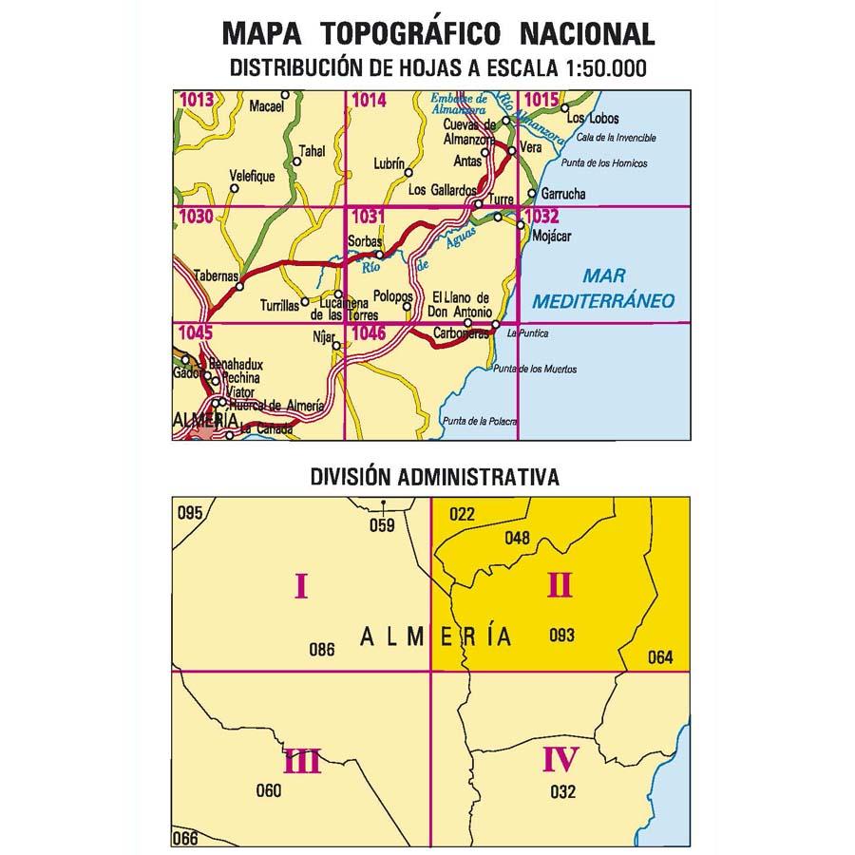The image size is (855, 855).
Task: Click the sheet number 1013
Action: tap(195, 98)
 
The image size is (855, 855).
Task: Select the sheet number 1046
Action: tap(368, 332)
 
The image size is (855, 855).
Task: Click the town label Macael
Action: tap(267, 107)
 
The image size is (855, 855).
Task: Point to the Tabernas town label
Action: tap(215, 275)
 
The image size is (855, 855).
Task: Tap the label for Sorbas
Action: tap(364, 241)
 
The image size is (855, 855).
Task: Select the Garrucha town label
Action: tap(561, 195)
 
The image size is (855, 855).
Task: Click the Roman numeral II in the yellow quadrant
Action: tap(560, 586)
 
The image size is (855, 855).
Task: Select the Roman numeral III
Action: tap(302, 761)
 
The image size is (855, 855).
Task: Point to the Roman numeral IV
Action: tap(560, 759)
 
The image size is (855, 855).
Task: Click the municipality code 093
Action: tap(562, 636)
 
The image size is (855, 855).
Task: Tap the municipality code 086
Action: tap(322, 651)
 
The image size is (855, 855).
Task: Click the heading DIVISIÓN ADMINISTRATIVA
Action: tap(433, 476)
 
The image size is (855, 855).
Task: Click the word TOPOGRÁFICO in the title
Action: tap(420, 35)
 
